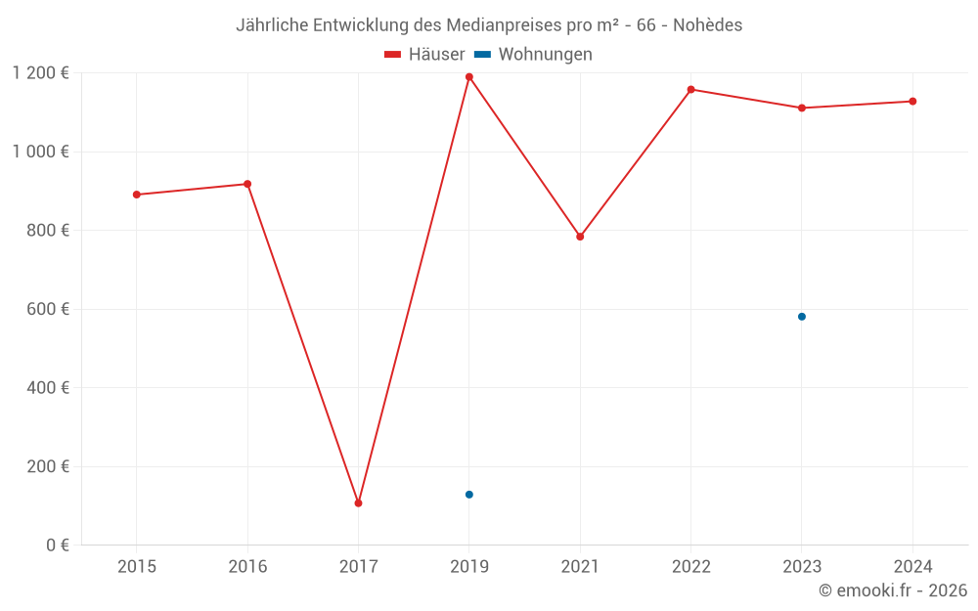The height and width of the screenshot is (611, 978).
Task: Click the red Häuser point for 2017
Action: click(x=358, y=503)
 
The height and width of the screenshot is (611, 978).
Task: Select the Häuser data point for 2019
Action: click(x=469, y=77)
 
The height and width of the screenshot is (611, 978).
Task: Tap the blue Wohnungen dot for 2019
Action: click(x=469, y=495)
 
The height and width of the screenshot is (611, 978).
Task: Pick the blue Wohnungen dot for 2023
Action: click(x=802, y=317)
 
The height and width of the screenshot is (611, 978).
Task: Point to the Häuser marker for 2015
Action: click(x=137, y=195)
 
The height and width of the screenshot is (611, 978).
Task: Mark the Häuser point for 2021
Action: click(x=580, y=237)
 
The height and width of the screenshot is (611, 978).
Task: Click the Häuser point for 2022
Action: click(x=691, y=90)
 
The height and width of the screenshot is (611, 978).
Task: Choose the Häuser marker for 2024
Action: click(x=912, y=102)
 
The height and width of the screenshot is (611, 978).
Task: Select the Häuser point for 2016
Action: click(x=247, y=184)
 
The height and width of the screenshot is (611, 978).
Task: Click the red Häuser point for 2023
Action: click(x=802, y=108)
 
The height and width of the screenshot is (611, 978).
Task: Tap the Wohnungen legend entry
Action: click(x=534, y=55)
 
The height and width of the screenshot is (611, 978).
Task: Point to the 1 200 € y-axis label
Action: click(x=40, y=73)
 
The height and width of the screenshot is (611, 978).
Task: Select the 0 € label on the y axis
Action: click(x=57, y=546)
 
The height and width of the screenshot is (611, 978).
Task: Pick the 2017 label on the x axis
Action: click(x=358, y=567)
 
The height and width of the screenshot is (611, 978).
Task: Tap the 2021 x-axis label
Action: click(x=580, y=567)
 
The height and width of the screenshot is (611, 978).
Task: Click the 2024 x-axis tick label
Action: click(x=912, y=567)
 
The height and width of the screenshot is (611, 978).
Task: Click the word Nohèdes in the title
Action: click(x=707, y=25)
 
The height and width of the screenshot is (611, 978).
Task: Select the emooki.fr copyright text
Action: click(x=893, y=590)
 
